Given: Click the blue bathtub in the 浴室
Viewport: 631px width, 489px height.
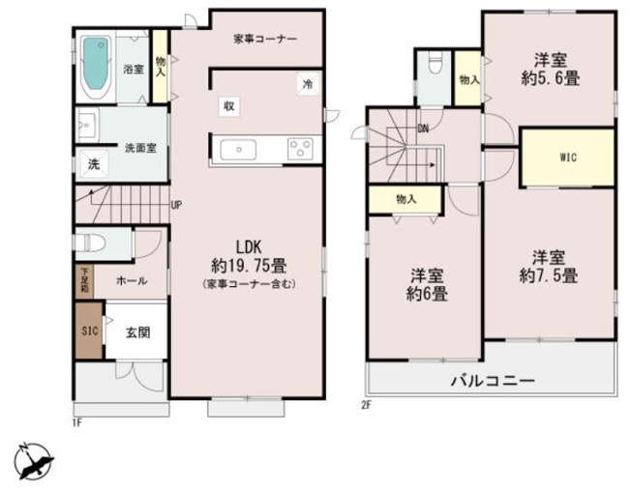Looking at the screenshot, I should coord(97,67).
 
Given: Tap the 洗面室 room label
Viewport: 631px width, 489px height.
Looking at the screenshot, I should coord(140,148).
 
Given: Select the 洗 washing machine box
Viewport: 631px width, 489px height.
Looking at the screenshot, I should coord(94,164).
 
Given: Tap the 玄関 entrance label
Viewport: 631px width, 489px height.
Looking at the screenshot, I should coord(136,331).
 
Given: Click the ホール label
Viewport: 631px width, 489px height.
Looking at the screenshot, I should coord(132,280).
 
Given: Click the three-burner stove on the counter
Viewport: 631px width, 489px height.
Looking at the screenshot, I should coord(299,149).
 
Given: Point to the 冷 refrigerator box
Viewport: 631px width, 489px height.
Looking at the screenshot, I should coord(307,85).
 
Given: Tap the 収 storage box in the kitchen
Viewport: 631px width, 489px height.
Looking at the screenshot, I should coord(228,105).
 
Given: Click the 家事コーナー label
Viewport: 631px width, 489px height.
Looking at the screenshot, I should coord(264,38).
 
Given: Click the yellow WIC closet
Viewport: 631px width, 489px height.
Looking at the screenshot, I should coord(568,158).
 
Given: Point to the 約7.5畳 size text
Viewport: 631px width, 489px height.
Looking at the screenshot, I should coord(548,276).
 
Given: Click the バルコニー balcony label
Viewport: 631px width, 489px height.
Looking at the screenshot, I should coord(492,381).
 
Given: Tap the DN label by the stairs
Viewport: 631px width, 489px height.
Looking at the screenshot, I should coord(423,127).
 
